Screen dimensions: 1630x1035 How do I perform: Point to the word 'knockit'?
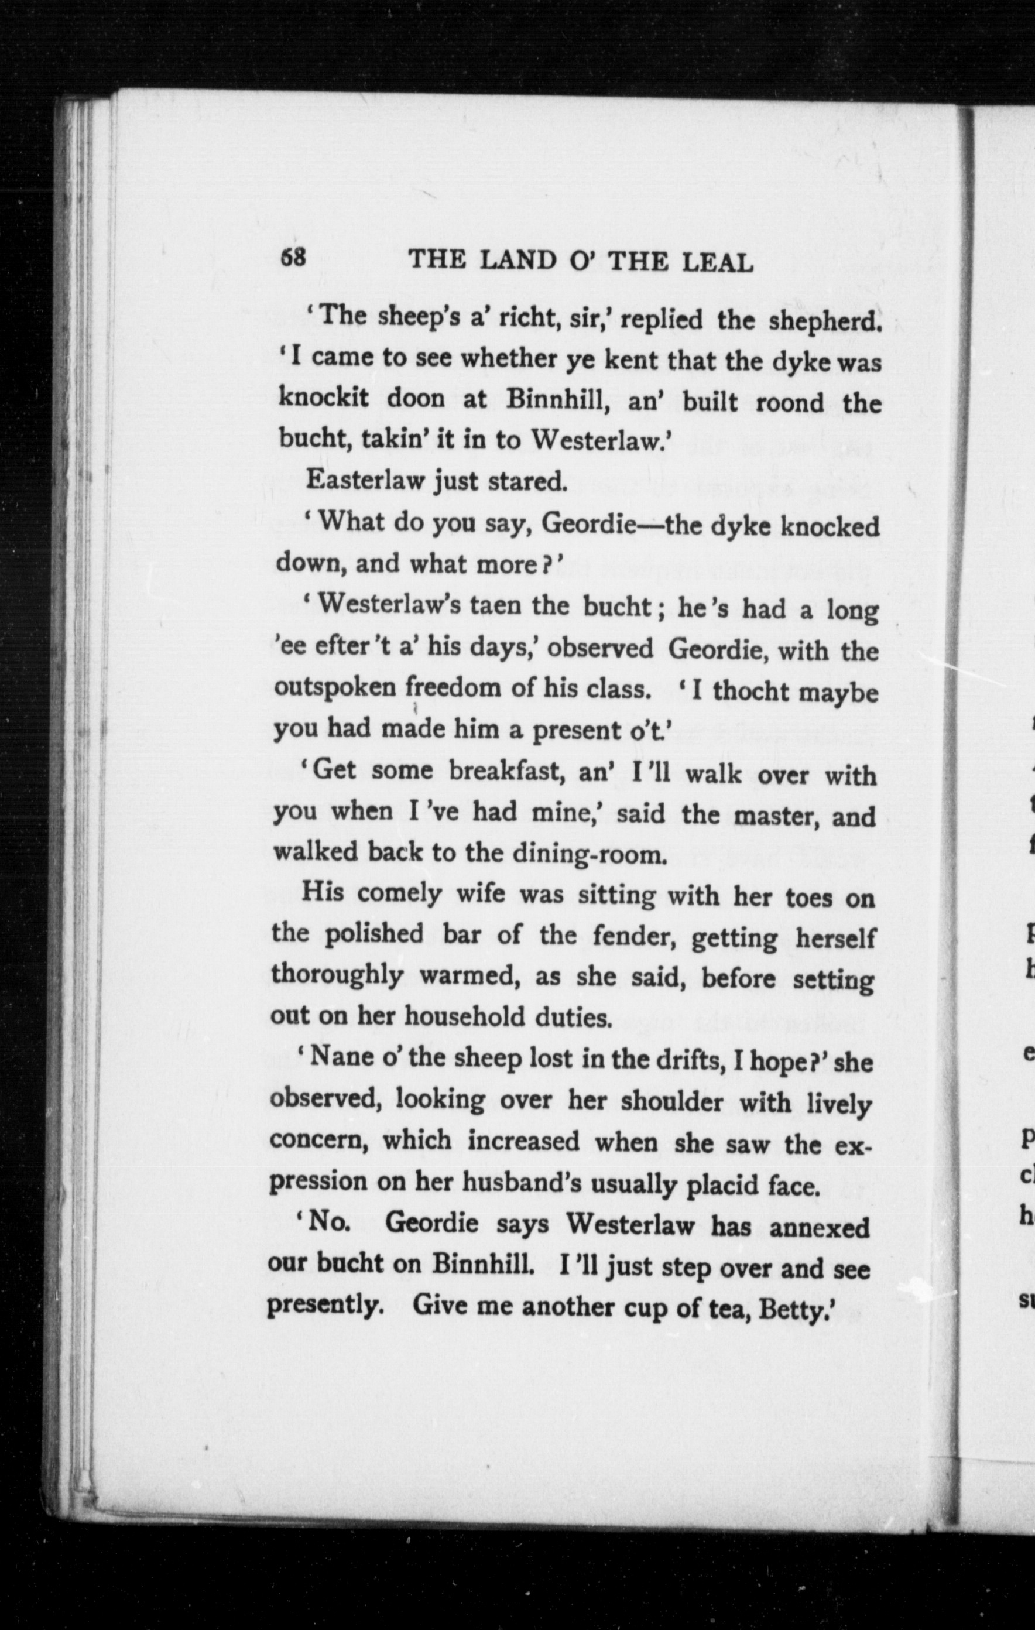324,398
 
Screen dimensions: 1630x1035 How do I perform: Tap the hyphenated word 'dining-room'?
589,854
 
